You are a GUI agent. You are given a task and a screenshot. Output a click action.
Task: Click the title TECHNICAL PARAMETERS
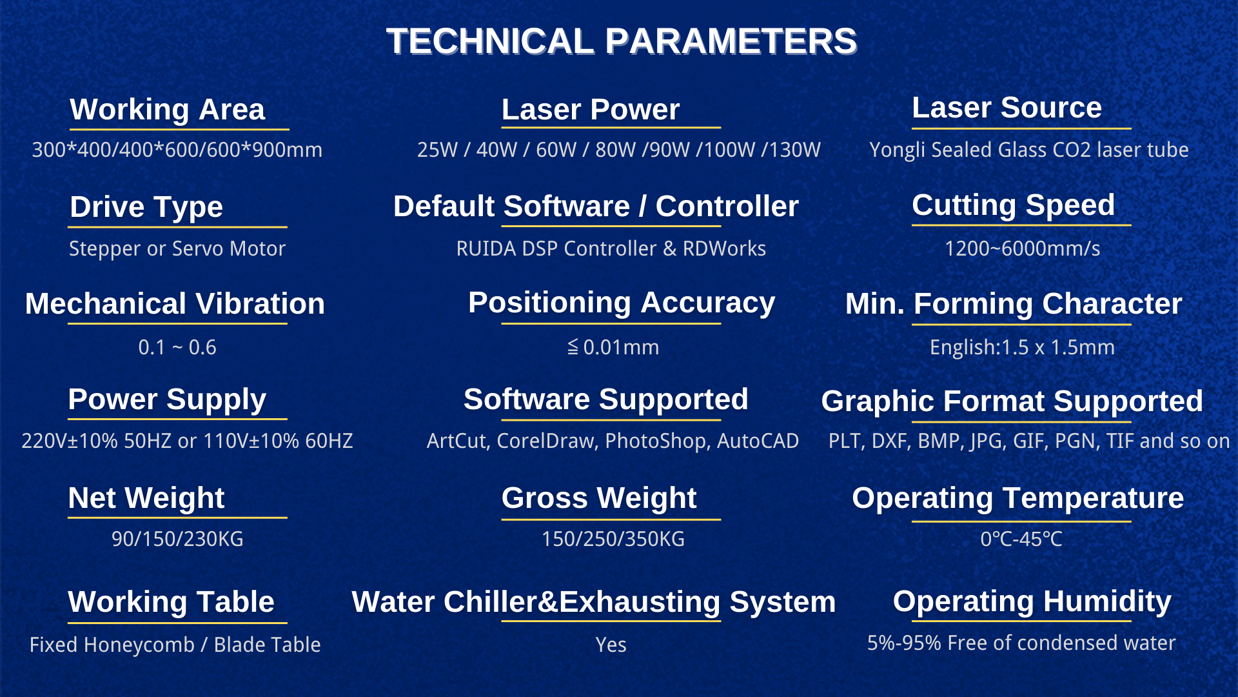click(x=622, y=41)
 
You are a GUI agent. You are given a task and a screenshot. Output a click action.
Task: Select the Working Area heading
click(x=168, y=109)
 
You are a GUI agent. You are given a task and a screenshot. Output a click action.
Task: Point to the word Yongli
click(x=897, y=150)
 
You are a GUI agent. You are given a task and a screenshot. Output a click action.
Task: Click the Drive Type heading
click(x=146, y=207)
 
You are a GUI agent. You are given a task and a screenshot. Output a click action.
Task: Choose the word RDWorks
click(x=724, y=248)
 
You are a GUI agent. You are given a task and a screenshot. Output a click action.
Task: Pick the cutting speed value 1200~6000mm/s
click(x=1022, y=248)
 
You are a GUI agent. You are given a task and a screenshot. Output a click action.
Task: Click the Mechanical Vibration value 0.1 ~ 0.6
click(x=177, y=347)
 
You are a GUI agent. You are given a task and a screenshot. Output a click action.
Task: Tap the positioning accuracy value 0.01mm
click(x=621, y=347)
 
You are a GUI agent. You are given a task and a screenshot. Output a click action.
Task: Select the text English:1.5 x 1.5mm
click(x=1022, y=347)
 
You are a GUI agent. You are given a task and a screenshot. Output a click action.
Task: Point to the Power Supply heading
click(x=167, y=399)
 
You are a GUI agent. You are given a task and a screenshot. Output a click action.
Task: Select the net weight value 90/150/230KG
click(x=177, y=539)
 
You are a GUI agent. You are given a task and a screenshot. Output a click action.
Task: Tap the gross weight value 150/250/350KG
click(x=613, y=539)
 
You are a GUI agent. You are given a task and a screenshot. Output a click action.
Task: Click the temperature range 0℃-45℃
click(x=1021, y=539)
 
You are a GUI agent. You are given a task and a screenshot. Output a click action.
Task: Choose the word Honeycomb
click(x=139, y=645)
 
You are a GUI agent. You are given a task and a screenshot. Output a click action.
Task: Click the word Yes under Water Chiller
click(x=611, y=645)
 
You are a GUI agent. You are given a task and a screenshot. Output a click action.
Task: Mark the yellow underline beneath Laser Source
click(x=1021, y=128)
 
